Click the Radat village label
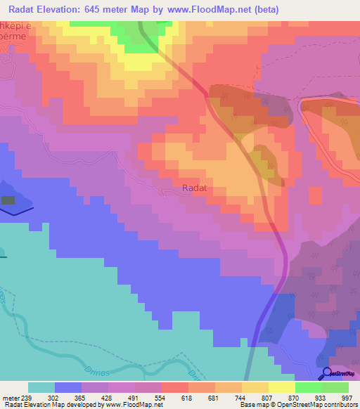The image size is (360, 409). pos(194,188)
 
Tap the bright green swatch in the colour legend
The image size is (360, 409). pos(309,387)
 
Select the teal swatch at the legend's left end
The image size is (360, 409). pos(41,387)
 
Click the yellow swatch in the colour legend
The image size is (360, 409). pos(255,387)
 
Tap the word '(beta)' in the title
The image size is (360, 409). pos(266,10)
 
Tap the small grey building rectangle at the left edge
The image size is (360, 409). pos(8,200)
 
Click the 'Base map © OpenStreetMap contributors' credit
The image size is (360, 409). pos(297,405)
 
